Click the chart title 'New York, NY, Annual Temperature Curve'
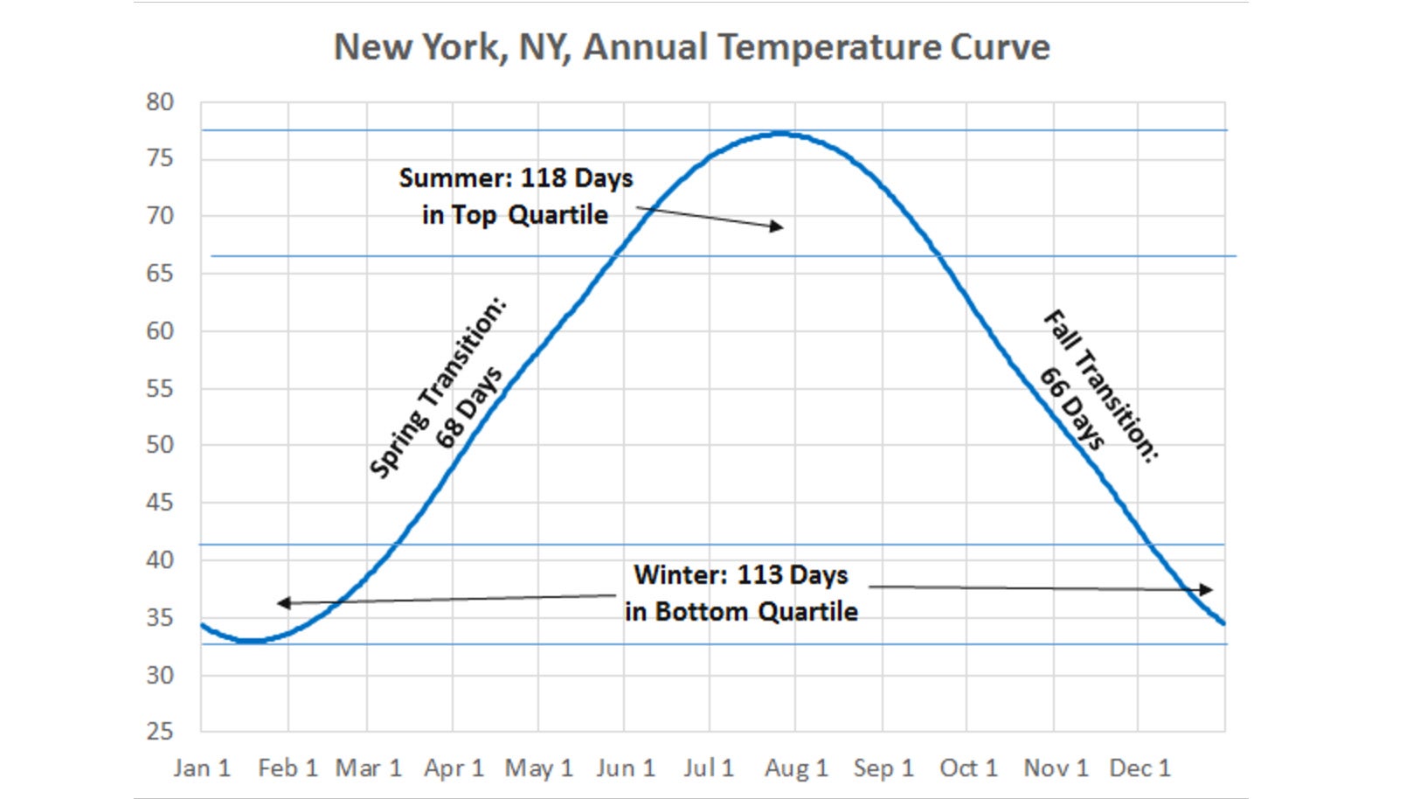(691, 47)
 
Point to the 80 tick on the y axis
(160, 102)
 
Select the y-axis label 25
(160, 731)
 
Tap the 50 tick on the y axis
(160, 445)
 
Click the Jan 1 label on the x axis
(202, 768)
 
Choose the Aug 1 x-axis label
(796, 768)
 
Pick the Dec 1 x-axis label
(1139, 768)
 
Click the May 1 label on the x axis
(538, 768)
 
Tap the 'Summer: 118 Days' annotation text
(516, 178)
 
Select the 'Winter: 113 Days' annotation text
(741, 575)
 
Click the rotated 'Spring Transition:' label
(437, 388)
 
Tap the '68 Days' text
(469, 408)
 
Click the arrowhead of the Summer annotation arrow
(777, 227)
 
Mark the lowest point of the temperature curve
(251, 641)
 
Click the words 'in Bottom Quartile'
(741, 612)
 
